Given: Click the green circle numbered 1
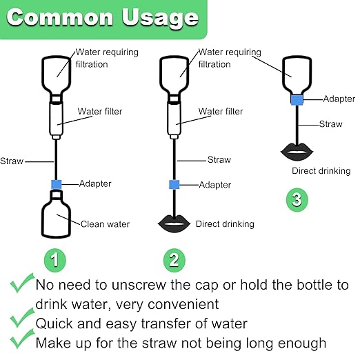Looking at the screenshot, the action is tap(55, 260).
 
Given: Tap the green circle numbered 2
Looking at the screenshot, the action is tap(174, 260).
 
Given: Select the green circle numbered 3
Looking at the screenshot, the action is tap(297, 199).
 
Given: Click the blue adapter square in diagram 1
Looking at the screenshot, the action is tap(57, 184).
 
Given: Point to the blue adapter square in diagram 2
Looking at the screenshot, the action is tap(174, 185).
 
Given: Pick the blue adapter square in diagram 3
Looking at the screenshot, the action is tap(297, 99).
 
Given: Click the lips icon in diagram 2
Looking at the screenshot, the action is tap(174, 223).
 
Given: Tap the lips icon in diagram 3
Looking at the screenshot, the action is tap(297, 152).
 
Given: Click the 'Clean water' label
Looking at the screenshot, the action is tap(105, 224).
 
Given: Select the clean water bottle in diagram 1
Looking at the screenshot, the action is tap(56, 214).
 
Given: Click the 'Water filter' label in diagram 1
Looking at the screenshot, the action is tap(100, 112).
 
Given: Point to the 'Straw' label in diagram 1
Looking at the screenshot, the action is tap(12, 161).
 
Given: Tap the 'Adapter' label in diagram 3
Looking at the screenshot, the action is tap(339, 99).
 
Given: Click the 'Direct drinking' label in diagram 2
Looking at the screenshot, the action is tap(225, 224).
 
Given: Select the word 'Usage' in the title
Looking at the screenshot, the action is tap(160, 18).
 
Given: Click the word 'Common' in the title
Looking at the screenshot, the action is tap(60, 17).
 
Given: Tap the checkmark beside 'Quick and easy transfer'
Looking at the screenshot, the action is tap(22, 318).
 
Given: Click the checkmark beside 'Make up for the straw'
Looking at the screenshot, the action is tap(22, 339).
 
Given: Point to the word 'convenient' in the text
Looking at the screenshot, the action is tap(183, 304).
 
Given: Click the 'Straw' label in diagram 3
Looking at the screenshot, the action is tap(331, 124).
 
